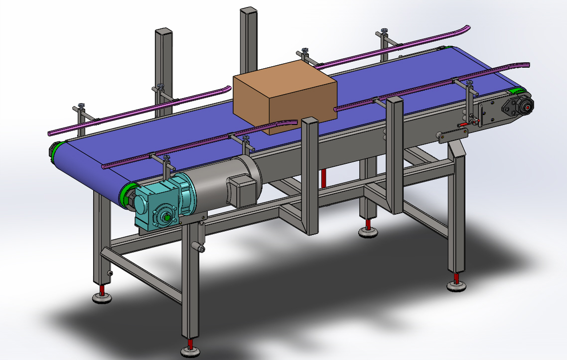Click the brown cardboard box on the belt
click(x=284, y=95)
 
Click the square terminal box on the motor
click(x=241, y=190)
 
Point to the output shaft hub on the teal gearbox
click(x=166, y=217)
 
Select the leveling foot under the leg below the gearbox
click(x=190, y=352)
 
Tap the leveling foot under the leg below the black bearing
click(x=456, y=285)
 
